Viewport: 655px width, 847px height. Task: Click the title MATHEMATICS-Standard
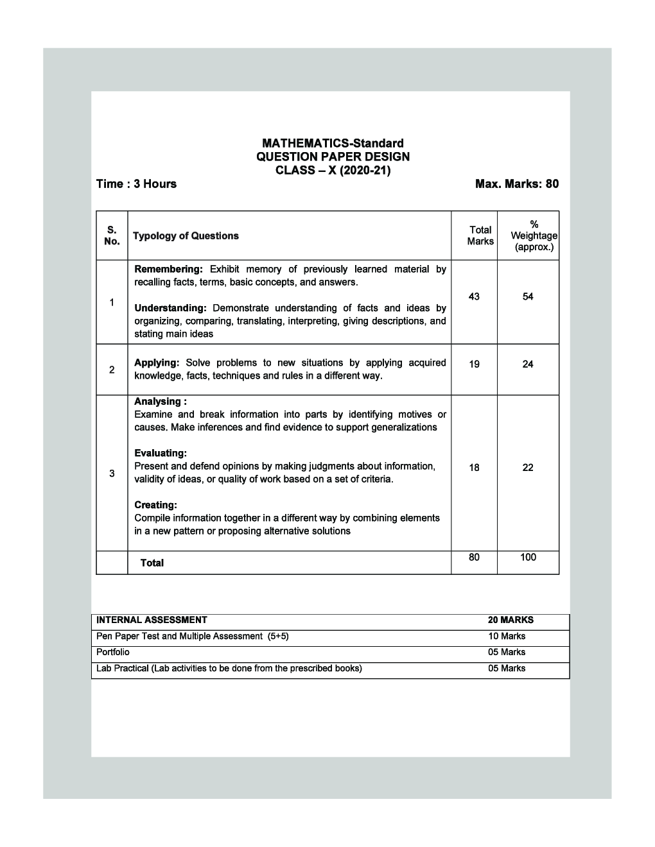pyautogui.click(x=333, y=143)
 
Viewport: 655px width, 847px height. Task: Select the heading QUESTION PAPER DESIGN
pyautogui.click(x=333, y=157)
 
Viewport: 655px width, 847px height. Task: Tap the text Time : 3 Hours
pyautogui.click(x=136, y=184)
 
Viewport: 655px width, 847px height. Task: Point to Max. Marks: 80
pyautogui.click(x=516, y=184)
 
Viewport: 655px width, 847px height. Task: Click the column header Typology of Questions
pyautogui.click(x=186, y=236)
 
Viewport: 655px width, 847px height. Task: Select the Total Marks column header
pyautogui.click(x=480, y=235)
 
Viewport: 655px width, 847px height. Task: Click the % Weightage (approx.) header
pyautogui.click(x=534, y=235)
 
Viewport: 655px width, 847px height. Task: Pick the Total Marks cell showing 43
pyautogui.click(x=474, y=296)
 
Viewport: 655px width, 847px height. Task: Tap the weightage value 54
pyautogui.click(x=528, y=296)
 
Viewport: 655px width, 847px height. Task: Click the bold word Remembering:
pyautogui.click(x=168, y=269)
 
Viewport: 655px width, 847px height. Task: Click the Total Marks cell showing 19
pyautogui.click(x=474, y=364)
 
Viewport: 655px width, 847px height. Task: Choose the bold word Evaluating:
pyautogui.click(x=161, y=453)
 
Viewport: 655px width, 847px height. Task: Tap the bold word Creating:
pyautogui.click(x=155, y=505)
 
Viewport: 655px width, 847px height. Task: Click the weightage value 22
pyautogui.click(x=528, y=468)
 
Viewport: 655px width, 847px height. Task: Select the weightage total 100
pyautogui.click(x=528, y=557)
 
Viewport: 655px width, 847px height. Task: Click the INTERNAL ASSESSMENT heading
pyautogui.click(x=152, y=620)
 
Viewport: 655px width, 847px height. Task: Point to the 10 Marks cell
pyautogui.click(x=506, y=637)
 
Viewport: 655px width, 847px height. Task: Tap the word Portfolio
pyautogui.click(x=112, y=653)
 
